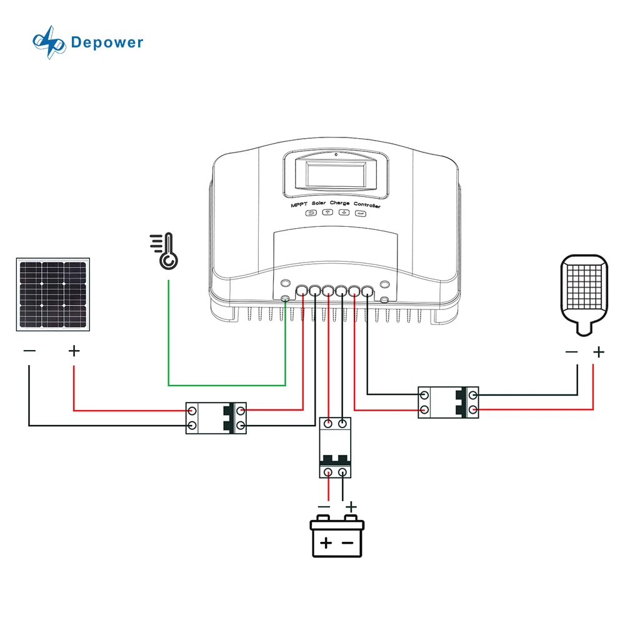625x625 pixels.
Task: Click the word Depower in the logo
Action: pyautogui.click(x=107, y=42)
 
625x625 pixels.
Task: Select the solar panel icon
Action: pyautogui.click(x=53, y=294)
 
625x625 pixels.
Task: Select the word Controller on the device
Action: pyautogui.click(x=367, y=205)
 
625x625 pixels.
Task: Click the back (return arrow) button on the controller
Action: pyautogui.click(x=311, y=213)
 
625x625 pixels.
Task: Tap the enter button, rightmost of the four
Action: pyautogui.click(x=360, y=213)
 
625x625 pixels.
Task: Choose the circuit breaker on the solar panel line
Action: pyautogui.click(x=216, y=418)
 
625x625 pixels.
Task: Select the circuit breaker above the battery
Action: pyautogui.click(x=336, y=447)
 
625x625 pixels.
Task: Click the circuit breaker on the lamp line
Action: pyautogui.click(x=448, y=402)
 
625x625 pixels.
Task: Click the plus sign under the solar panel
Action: pyautogui.click(x=74, y=351)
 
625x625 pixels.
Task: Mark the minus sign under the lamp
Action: pyautogui.click(x=571, y=352)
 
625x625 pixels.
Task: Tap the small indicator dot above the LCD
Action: pyautogui.click(x=336, y=154)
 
